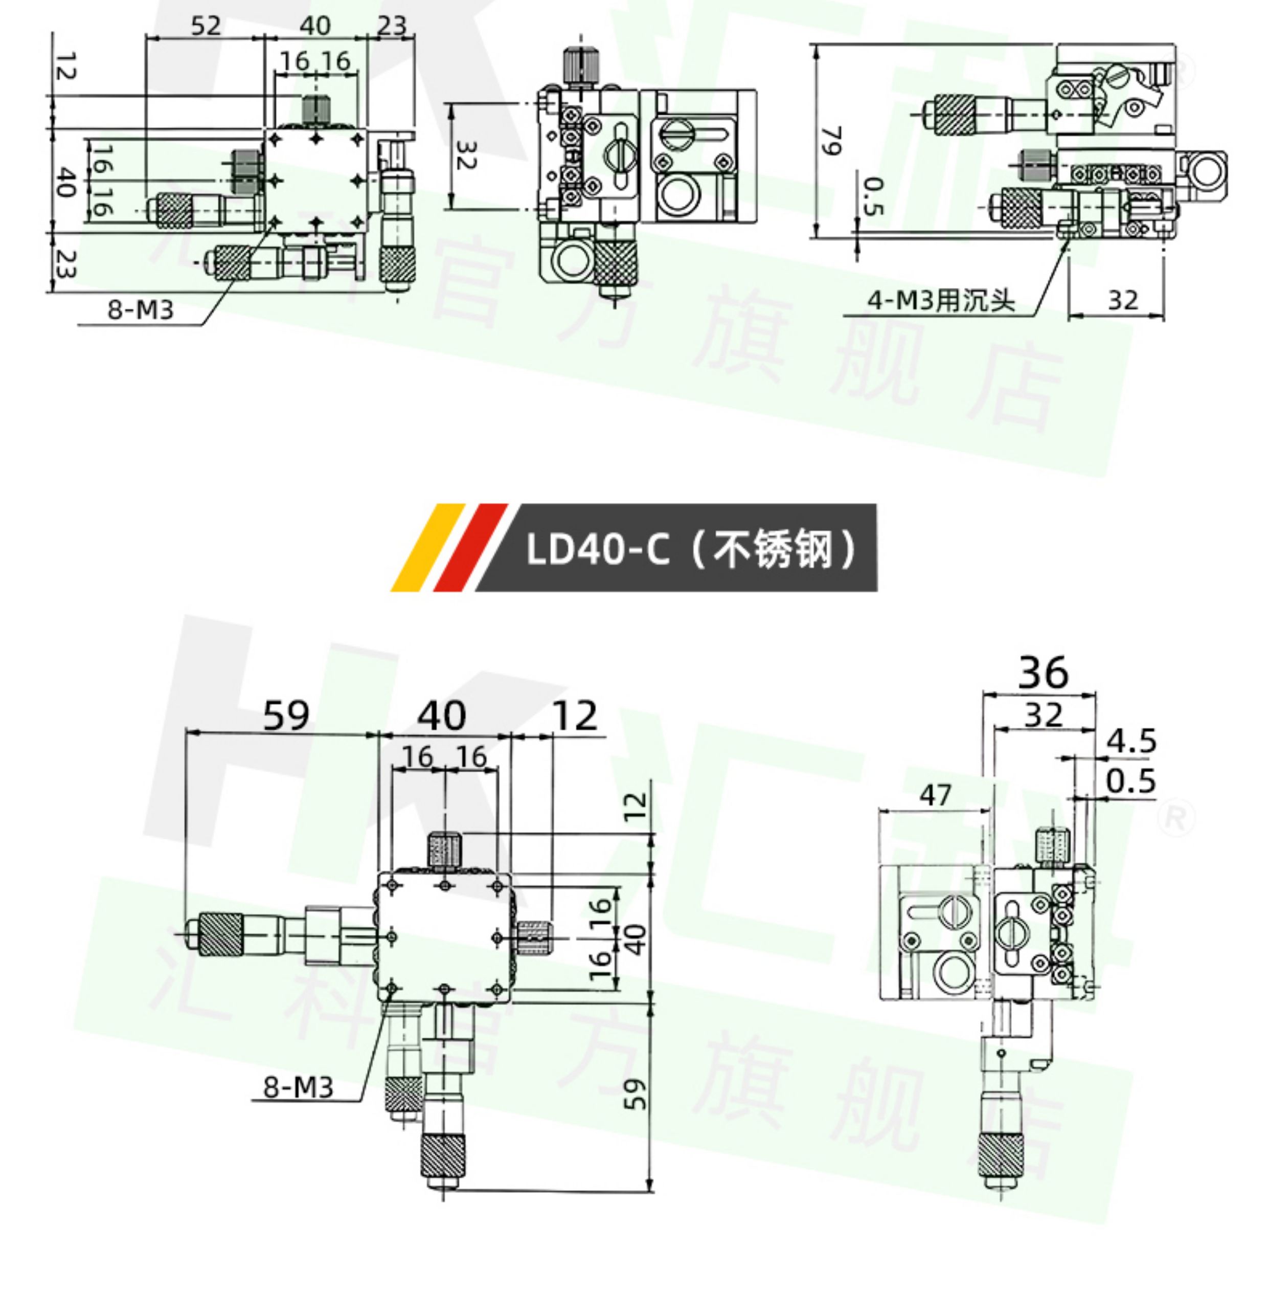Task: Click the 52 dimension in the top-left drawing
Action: [205, 26]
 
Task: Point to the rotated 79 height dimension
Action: [832, 140]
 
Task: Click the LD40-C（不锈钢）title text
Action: [691, 550]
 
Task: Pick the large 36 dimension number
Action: [1043, 672]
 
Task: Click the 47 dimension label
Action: [935, 795]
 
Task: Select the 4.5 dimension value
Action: [1131, 741]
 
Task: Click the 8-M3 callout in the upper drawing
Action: [141, 310]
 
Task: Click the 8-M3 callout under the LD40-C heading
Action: [299, 1087]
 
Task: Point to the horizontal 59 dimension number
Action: [286, 716]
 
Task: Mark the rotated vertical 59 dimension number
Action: [636, 1095]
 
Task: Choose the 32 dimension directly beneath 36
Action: [1043, 716]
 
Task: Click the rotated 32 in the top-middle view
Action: [465, 155]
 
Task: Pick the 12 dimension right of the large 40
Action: [575, 716]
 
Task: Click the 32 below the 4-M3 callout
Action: [1123, 301]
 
